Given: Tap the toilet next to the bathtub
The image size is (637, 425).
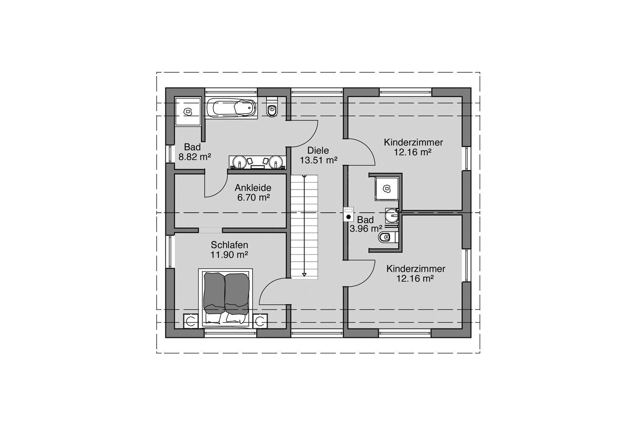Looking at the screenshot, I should (272, 109).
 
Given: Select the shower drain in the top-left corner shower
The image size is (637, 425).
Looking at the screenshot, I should (187, 111).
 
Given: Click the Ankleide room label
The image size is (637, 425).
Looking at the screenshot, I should (253, 188).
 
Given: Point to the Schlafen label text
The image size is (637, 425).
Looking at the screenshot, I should (229, 245).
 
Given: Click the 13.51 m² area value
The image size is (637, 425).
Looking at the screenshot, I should (318, 160).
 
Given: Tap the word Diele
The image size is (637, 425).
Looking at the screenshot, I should (318, 150).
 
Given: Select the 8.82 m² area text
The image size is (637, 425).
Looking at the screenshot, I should (195, 157).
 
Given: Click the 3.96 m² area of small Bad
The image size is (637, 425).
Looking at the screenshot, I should (366, 229).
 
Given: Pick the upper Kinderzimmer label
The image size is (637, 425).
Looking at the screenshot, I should (413, 142).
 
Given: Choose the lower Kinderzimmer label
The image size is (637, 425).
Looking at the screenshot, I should (416, 269).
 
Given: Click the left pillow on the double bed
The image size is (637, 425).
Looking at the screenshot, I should (215, 318).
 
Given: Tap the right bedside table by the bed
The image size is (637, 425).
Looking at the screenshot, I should (261, 321).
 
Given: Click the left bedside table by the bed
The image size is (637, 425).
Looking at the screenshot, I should (191, 321).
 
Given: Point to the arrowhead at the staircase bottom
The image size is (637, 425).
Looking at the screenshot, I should (304, 275).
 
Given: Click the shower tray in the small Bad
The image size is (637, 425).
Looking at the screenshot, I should (386, 188).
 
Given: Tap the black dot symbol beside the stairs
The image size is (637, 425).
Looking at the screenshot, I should (349, 217).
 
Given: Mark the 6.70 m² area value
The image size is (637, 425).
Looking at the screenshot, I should (254, 198).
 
